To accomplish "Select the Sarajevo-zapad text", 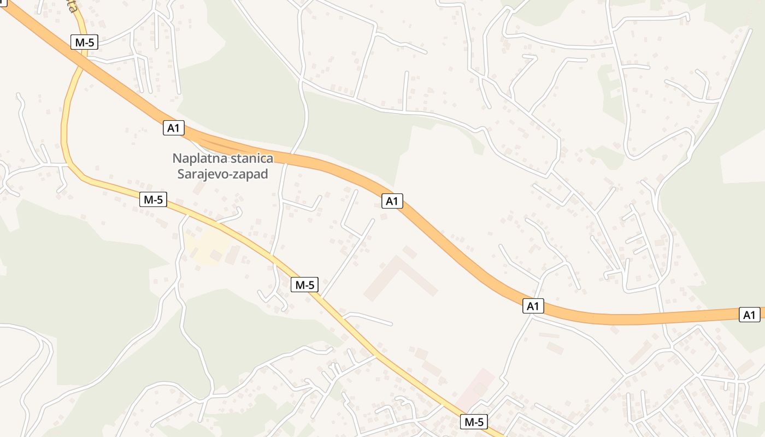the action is pos(222,174).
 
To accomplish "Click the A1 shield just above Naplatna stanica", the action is pos(174,128).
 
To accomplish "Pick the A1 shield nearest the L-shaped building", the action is pos(392,201).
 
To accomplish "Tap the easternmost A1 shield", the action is pos(750,315).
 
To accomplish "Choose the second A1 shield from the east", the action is pos(533,306).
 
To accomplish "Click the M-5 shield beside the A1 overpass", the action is pos(84,42).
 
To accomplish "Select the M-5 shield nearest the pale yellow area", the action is pos(154,200).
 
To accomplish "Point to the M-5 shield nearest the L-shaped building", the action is pos(304,285).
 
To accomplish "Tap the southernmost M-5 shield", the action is pos(473,422).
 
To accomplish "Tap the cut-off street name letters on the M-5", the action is pos(70,7).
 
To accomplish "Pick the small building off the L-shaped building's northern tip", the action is pos(410,252).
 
